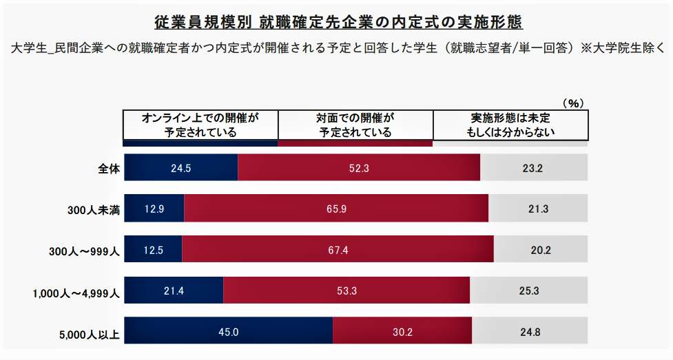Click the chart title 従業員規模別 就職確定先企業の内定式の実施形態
pyautogui.click(x=338, y=23)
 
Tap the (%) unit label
pyautogui.click(x=573, y=103)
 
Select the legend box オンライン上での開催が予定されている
pyautogui.click(x=200, y=125)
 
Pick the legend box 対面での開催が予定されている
pyautogui.click(x=355, y=125)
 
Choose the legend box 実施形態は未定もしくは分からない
pyautogui.click(x=510, y=125)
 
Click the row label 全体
pyautogui.click(x=109, y=168)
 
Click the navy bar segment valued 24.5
pyautogui.click(x=181, y=167)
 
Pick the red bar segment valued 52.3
pyautogui.click(x=359, y=167)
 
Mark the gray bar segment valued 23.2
pyautogui.click(x=534, y=167)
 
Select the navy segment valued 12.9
pyautogui.click(x=154, y=209)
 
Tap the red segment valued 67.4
pyautogui.click(x=338, y=250)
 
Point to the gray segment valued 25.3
pyautogui.click(x=529, y=290)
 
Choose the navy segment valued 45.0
pyautogui.click(x=228, y=332)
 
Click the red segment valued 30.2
pyautogui.click(x=402, y=332)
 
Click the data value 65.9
pyautogui.click(x=336, y=209)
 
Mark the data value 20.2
pyautogui.click(x=541, y=250)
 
